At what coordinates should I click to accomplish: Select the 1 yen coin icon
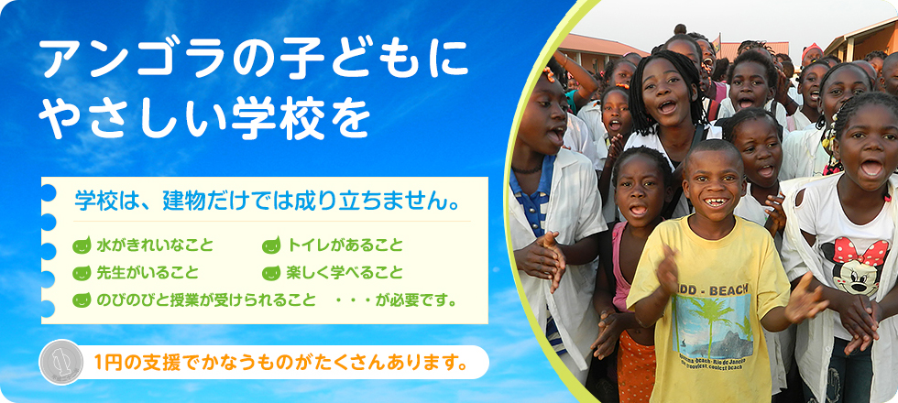coord(61,363)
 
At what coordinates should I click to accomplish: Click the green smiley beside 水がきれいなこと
coord(82,245)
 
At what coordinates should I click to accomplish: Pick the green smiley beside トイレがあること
coord(271,245)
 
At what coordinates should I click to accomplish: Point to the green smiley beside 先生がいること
coord(82,273)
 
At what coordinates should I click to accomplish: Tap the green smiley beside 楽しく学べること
coord(271,273)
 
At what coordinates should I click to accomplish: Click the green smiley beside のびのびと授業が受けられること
coord(82,300)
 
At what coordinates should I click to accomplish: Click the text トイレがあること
coord(345,245)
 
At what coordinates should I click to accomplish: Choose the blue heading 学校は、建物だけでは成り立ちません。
coord(268,201)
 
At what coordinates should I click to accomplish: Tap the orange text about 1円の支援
coord(279,362)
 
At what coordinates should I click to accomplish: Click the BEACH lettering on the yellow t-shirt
coord(729,291)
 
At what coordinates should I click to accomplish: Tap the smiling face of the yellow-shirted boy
coord(713,184)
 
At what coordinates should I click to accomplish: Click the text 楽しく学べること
coord(345,273)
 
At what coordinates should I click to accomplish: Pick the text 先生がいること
coord(148,273)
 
